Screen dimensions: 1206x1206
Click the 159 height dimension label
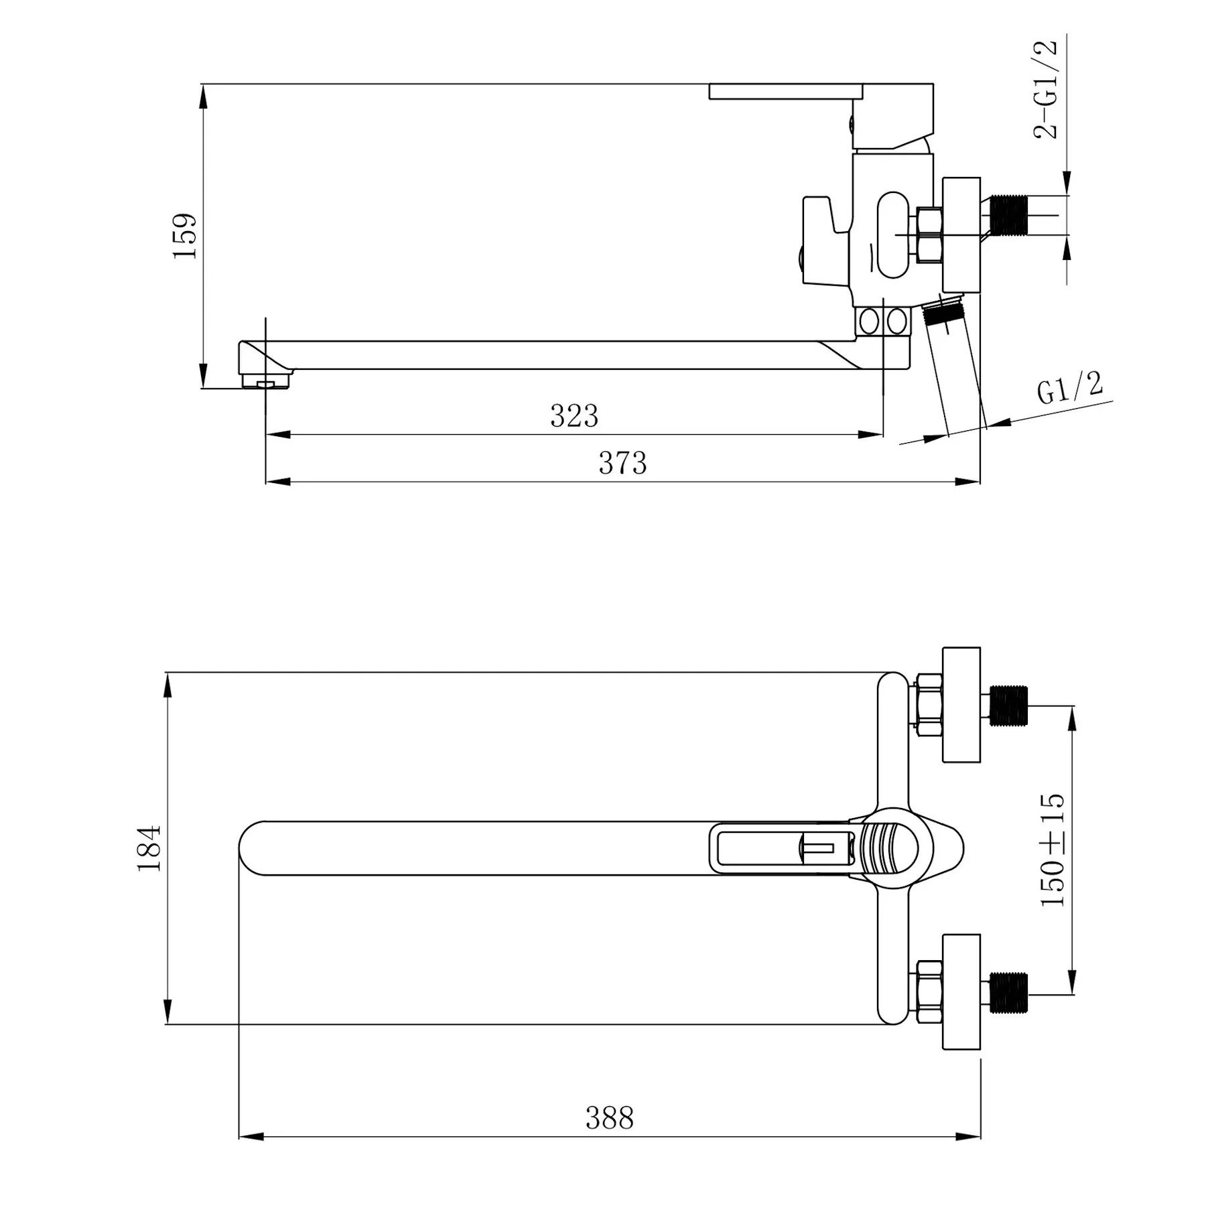point(184,236)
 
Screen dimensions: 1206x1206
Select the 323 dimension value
point(574,416)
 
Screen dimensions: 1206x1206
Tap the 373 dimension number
point(622,463)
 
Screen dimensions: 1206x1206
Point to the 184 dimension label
point(149,848)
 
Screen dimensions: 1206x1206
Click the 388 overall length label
point(609,1118)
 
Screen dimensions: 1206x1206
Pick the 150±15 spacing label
point(1052,850)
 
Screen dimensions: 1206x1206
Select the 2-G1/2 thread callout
point(1045,88)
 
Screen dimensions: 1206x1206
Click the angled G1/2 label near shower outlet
point(1070,388)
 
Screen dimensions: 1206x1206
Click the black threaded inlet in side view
point(1009,215)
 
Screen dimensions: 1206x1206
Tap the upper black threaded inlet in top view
point(1009,706)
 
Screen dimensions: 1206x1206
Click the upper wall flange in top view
point(961,705)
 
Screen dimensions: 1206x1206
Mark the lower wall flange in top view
point(961,992)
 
